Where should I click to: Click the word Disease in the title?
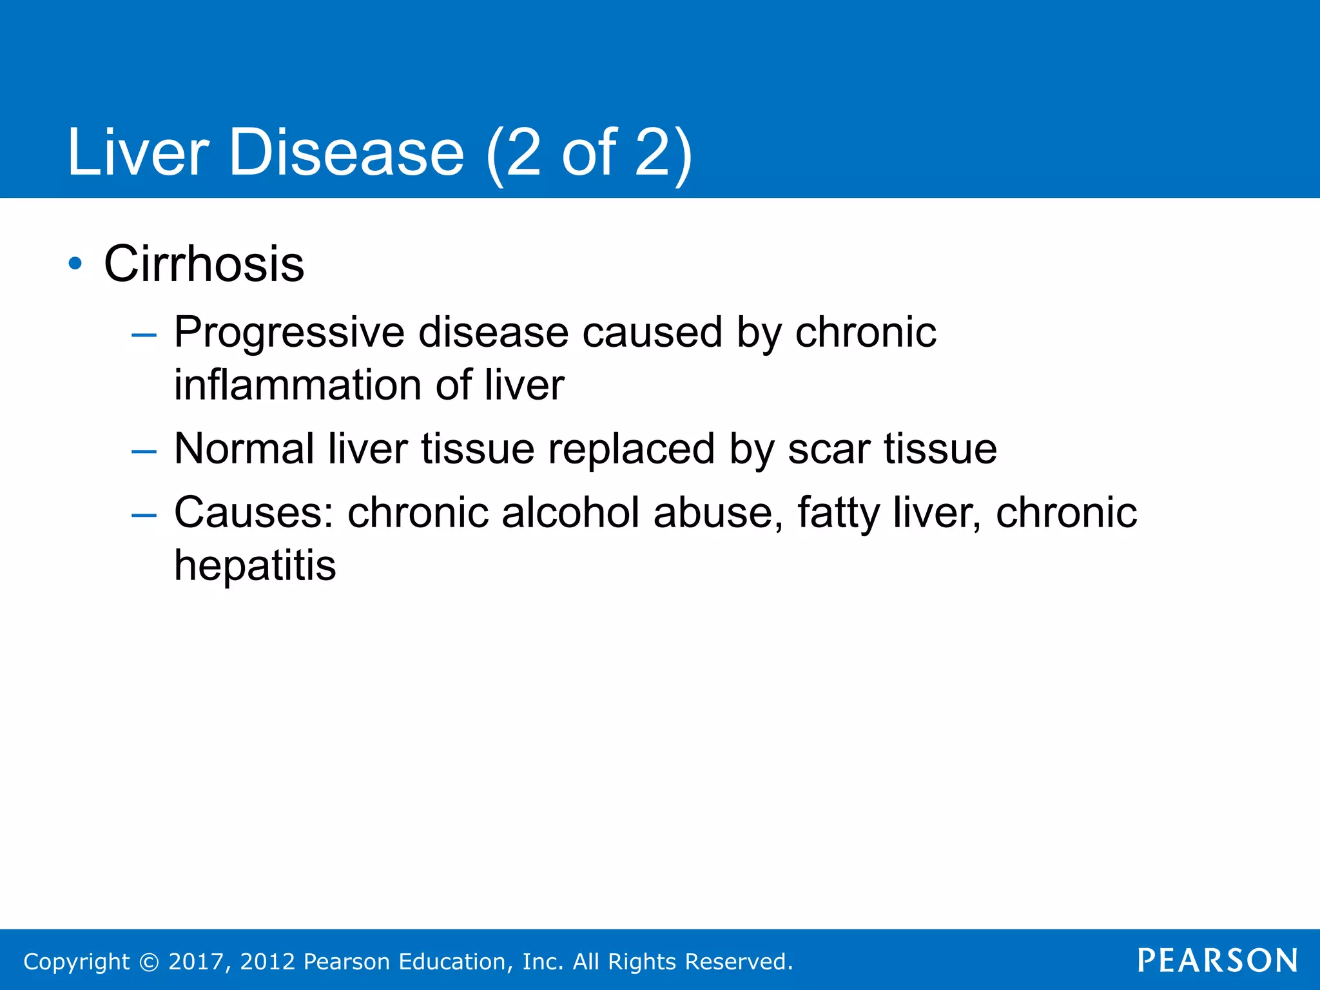pos(346,152)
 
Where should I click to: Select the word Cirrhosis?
pos(204,264)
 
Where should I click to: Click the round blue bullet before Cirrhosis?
pos(75,264)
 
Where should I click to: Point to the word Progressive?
pos(289,334)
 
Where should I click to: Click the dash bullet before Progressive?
pos(143,335)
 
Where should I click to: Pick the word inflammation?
pos(297,385)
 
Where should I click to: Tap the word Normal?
pos(244,449)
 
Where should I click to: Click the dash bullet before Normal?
pos(143,451)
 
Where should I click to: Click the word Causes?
pos(254,513)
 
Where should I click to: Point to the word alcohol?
pos(570,513)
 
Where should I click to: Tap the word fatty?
pos(838,514)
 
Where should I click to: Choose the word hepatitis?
pos(255,565)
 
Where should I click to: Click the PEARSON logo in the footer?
pos(1218,960)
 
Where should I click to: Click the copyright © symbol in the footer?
pos(149,962)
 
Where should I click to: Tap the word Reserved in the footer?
pos(737,962)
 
